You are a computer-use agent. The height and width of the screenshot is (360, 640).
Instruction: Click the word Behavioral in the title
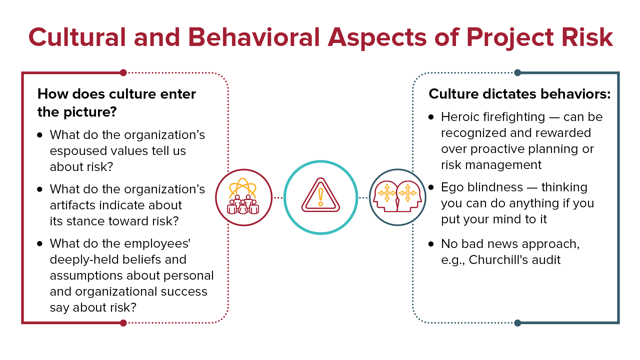point(254,37)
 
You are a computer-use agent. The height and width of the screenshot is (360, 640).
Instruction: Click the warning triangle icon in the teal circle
point(321,195)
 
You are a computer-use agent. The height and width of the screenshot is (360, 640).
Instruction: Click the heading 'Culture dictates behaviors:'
point(520,94)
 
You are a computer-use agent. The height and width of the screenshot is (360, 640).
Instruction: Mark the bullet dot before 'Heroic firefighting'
point(431,117)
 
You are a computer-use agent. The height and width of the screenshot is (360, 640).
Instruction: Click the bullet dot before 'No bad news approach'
point(431,244)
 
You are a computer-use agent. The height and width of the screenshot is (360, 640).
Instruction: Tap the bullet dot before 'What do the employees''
point(40,244)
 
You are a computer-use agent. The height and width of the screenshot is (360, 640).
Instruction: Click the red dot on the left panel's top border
point(123,73)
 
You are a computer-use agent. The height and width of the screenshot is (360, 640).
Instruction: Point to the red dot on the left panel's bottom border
point(123,323)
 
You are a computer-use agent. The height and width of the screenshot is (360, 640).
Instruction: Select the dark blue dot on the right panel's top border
point(518,73)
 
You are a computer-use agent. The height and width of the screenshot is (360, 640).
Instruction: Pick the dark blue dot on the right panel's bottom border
point(518,323)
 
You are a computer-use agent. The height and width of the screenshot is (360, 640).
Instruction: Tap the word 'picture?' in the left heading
point(90,112)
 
